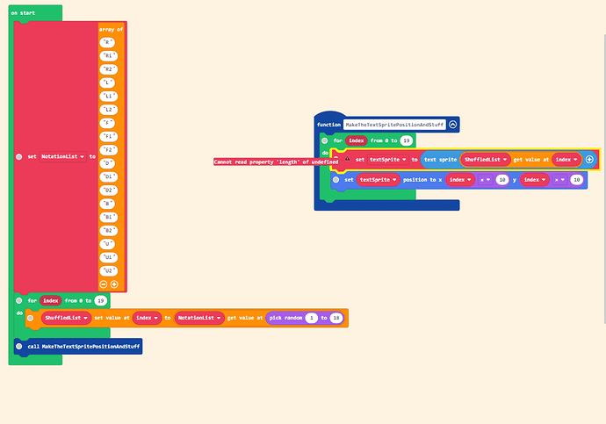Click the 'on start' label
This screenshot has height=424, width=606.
click(x=21, y=13)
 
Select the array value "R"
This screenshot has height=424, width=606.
click(x=108, y=41)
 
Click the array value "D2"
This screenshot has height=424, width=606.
click(x=109, y=189)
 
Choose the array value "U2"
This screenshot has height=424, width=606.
click(x=109, y=270)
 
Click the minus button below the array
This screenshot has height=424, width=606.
click(x=104, y=284)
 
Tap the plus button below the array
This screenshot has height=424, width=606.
click(x=114, y=284)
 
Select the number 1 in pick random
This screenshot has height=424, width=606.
click(x=311, y=318)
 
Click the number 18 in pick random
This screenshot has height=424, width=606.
click(x=335, y=318)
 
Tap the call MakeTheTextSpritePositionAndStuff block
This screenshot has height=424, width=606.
click(x=77, y=347)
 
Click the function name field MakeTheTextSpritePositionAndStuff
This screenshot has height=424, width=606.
click(x=395, y=126)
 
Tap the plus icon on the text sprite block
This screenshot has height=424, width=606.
click(x=589, y=160)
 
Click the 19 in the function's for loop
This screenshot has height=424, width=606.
click(x=407, y=140)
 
